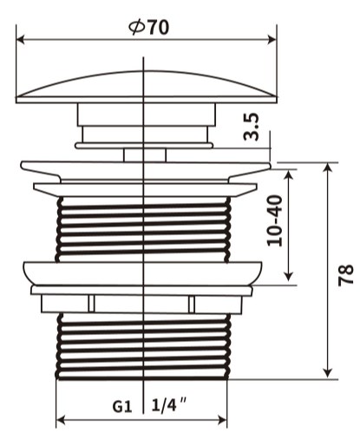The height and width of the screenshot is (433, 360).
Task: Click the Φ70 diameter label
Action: [x=148, y=28]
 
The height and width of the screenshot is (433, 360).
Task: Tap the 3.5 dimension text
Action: [x=251, y=127]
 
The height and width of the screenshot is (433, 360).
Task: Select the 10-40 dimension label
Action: [x=274, y=220]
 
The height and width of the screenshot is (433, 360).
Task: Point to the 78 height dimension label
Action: [x=346, y=275]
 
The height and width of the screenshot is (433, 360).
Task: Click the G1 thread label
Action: [x=122, y=407]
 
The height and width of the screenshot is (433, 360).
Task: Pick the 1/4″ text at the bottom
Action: [x=169, y=404]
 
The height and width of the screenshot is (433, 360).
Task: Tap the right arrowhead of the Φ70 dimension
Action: [x=272, y=40]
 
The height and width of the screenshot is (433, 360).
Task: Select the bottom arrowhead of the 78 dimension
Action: [x=328, y=373]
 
